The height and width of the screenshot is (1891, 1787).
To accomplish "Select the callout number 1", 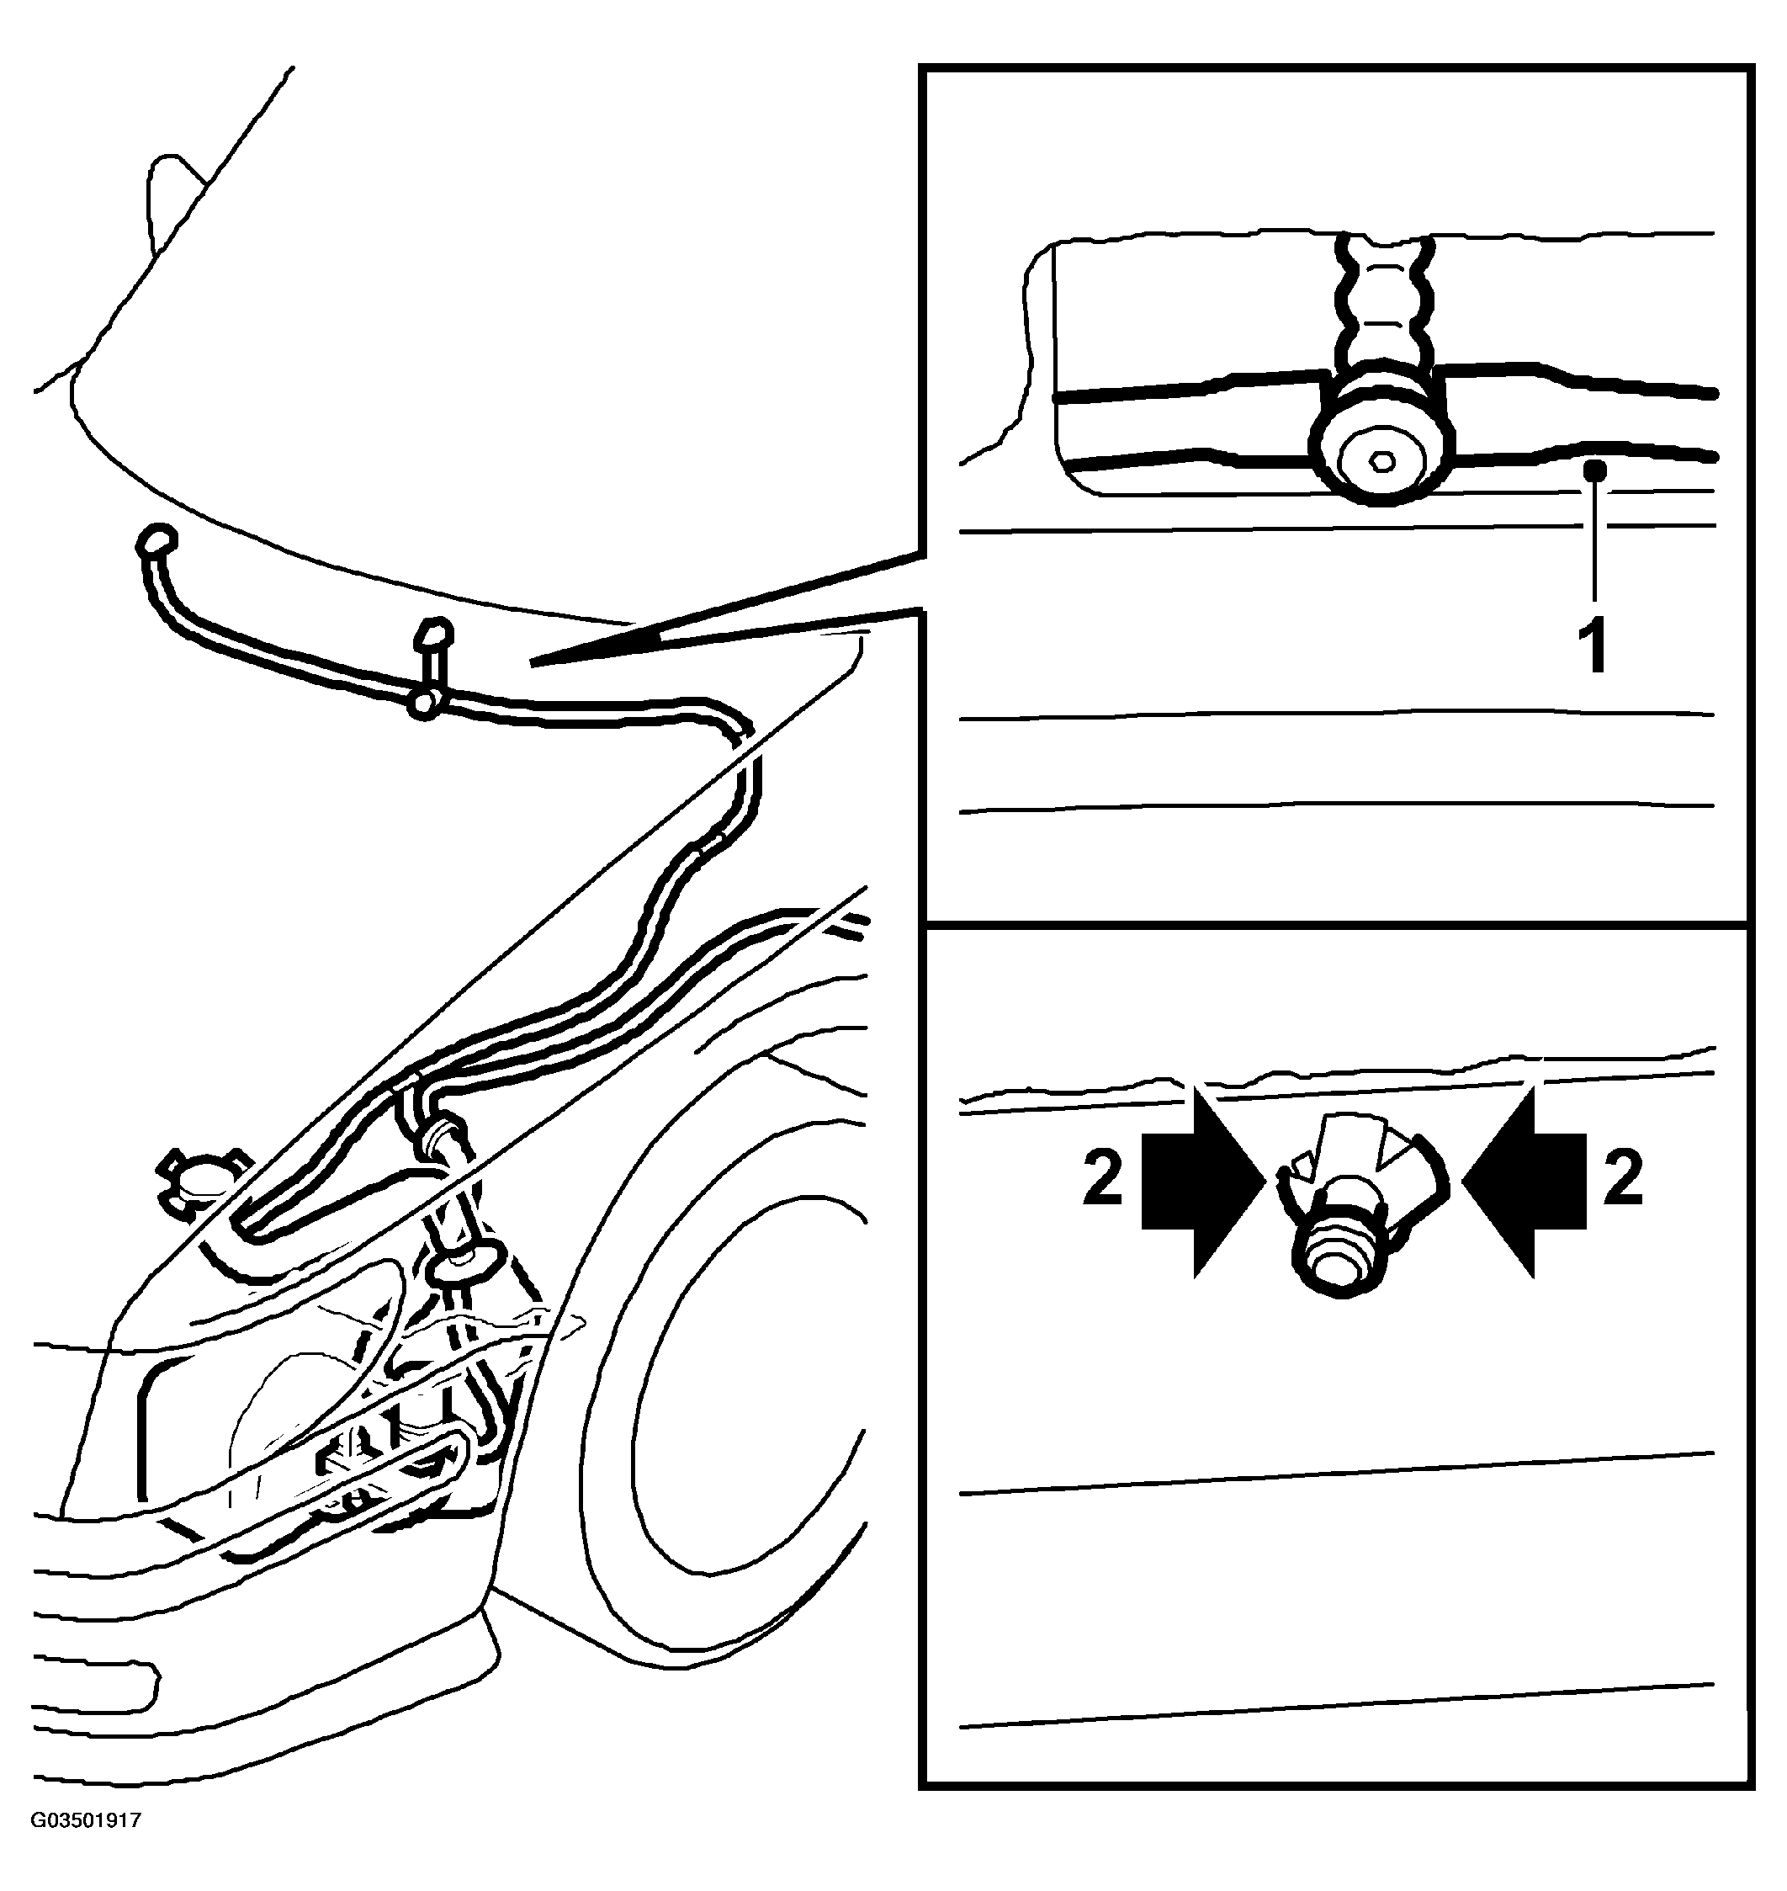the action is [1593, 645].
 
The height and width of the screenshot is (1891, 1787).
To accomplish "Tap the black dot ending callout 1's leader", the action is [1595, 470].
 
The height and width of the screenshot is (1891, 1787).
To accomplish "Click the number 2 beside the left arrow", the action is [1103, 1177].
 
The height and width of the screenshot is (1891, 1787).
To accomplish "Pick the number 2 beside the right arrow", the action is [1623, 1177].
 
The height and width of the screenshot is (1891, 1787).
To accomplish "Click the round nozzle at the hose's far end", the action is [156, 540].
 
